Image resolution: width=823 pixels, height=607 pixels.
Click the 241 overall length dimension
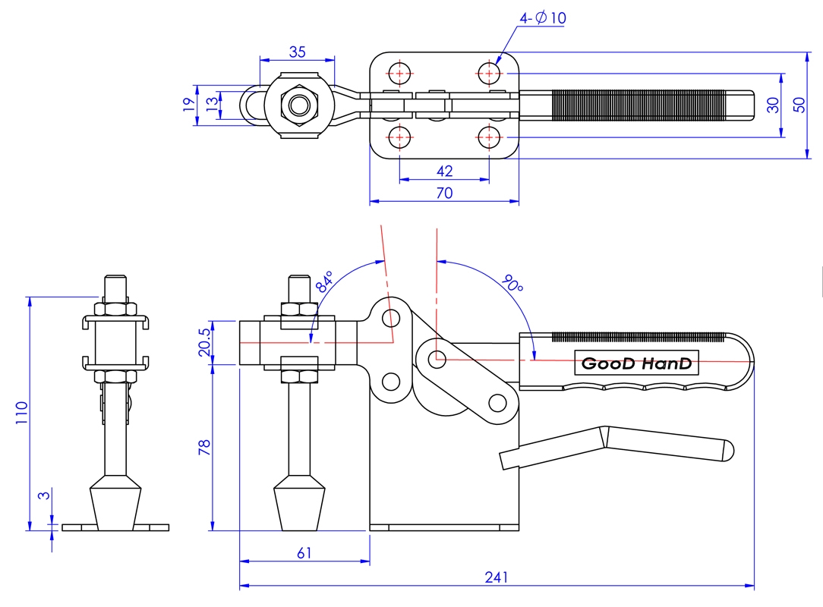496,577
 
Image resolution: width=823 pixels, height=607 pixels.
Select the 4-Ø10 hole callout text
543,18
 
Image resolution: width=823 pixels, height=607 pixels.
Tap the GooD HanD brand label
636,364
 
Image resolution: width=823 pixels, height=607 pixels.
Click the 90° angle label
513,285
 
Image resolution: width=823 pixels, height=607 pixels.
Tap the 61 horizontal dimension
304,553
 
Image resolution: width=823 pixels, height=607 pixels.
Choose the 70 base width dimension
444,193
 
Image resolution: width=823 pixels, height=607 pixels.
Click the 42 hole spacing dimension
444,171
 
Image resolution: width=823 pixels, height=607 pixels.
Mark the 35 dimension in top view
297,52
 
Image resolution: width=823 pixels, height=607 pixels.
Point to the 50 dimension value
799,105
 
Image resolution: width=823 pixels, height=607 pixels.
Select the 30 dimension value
773,105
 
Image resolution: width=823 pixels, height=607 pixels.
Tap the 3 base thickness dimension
44,496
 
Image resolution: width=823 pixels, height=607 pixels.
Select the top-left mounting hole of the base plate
399,73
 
